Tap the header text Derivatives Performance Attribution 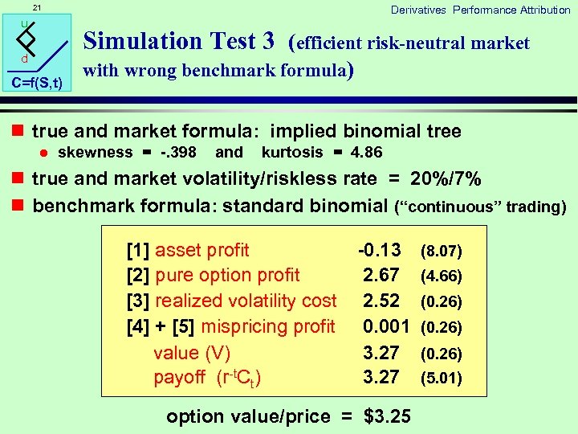click(x=480, y=10)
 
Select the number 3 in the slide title click(x=268, y=40)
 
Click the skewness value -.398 click(x=177, y=153)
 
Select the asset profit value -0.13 click(x=379, y=250)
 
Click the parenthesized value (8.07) click(x=442, y=252)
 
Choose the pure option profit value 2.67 click(x=381, y=276)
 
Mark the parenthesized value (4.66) click(x=442, y=276)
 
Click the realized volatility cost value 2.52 click(x=381, y=301)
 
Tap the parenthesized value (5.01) click(x=442, y=378)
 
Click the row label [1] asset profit click(x=189, y=250)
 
